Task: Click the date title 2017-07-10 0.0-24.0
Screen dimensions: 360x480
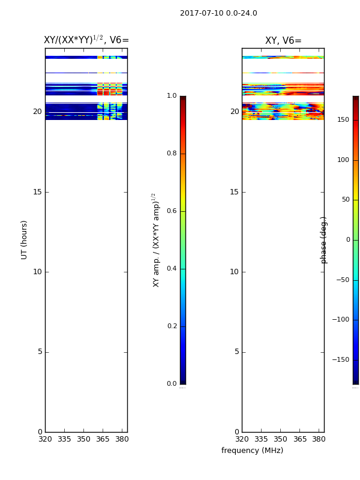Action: (x=218, y=13)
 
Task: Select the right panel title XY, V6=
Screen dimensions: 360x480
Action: (x=283, y=40)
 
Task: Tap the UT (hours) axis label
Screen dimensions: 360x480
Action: (x=24, y=240)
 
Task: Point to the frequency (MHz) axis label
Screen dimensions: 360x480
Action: (x=252, y=451)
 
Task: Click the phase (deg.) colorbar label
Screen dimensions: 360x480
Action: (x=323, y=241)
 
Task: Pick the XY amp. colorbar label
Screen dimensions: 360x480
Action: (x=156, y=240)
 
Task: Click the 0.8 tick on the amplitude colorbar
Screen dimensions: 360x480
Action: (x=172, y=153)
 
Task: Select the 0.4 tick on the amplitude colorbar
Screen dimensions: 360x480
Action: (x=172, y=268)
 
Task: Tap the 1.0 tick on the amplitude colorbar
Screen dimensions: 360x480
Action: (x=172, y=95)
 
